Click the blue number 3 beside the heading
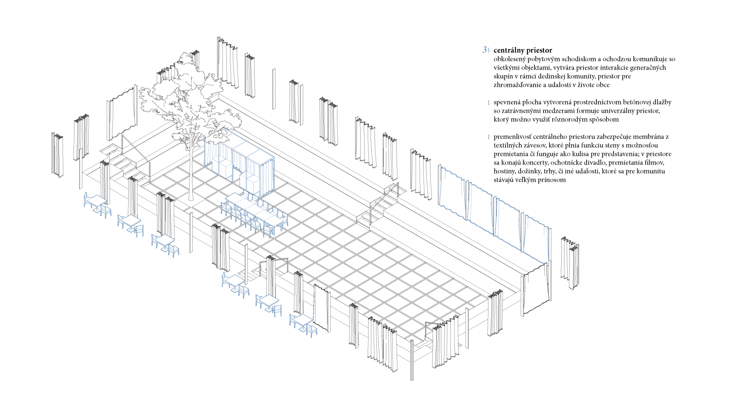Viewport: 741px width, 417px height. tap(484, 50)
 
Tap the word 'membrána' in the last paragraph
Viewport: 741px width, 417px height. tap(647, 136)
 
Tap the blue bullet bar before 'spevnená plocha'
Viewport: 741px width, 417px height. tap(489, 102)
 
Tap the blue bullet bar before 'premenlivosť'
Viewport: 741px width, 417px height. tap(489, 137)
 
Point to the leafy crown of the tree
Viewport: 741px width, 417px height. tap(186, 99)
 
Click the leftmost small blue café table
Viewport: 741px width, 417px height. tap(95, 201)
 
